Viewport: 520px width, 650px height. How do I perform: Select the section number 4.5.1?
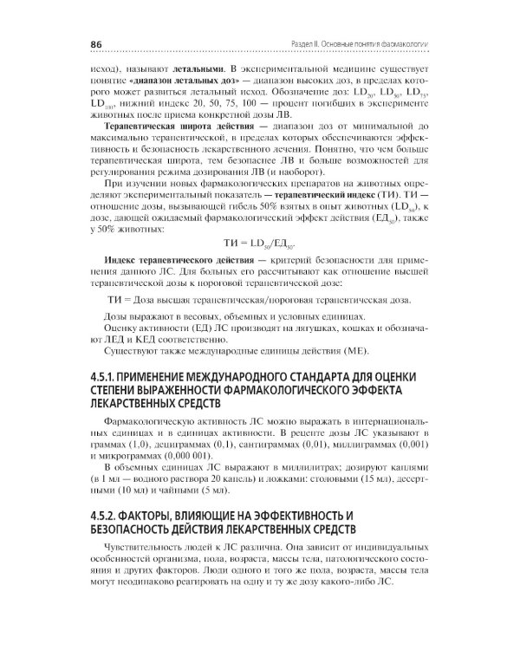(107, 376)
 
